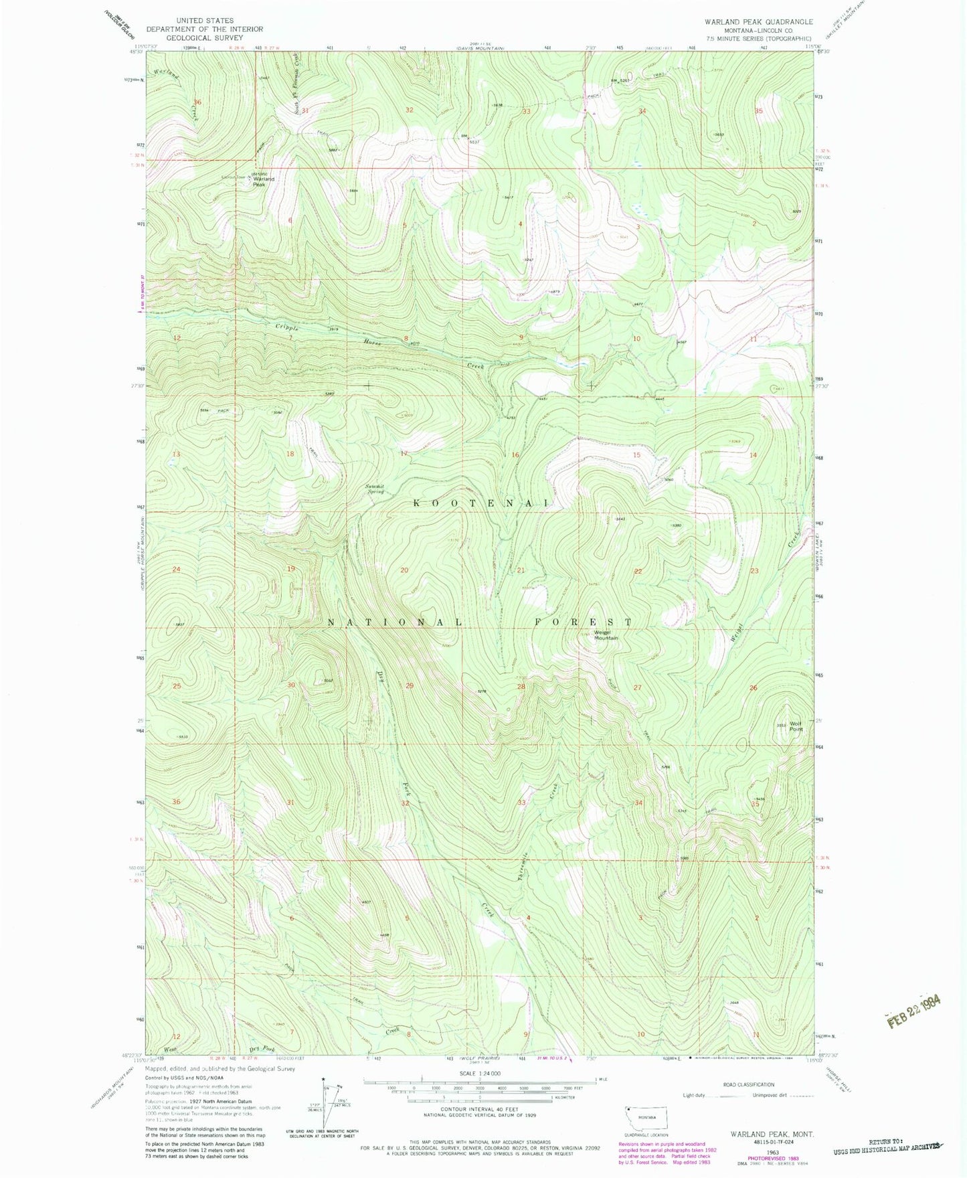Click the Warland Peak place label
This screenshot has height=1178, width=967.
[263, 181]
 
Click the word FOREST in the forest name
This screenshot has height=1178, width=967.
[582, 622]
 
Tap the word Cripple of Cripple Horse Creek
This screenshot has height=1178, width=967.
[286, 328]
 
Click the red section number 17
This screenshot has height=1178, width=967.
[404, 454]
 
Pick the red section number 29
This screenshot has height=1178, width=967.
[410, 686]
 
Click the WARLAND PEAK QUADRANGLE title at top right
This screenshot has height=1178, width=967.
[758, 22]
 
